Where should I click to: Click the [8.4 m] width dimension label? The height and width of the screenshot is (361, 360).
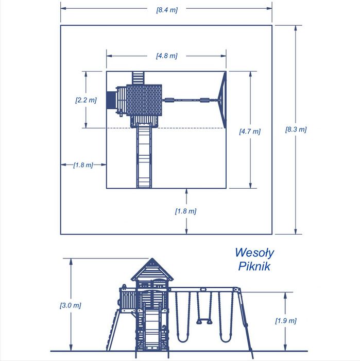pos(167,10)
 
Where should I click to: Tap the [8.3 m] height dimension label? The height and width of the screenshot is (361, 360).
pos(296,129)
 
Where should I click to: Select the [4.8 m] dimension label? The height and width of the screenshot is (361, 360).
pos(167,56)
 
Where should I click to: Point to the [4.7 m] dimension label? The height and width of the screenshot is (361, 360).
pos(250,131)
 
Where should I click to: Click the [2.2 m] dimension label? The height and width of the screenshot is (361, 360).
pos(86,100)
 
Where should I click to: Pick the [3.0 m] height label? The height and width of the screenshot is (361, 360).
pos(71,305)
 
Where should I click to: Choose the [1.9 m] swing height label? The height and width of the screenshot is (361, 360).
pos(286,320)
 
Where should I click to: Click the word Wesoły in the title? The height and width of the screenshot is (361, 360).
pos(254,253)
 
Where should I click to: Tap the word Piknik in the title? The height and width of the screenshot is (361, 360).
pos(254,266)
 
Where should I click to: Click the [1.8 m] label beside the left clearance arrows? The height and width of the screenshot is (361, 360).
pos(83,165)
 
